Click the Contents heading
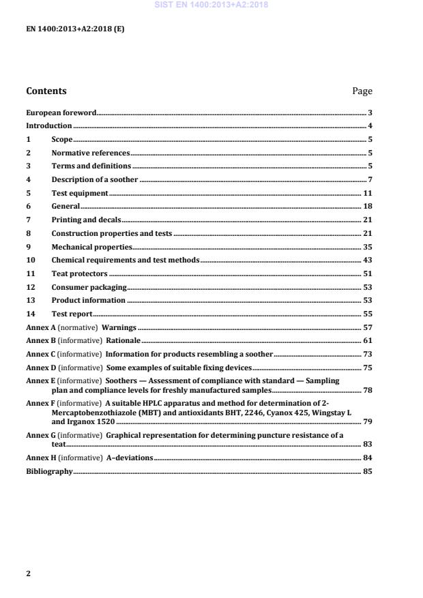[46, 91]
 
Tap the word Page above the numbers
[362, 91]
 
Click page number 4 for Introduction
[370, 126]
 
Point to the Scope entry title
[62, 139]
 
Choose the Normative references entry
[90, 153]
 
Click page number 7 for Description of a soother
[370, 179]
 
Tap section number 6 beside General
[29, 206]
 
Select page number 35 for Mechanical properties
[367, 246]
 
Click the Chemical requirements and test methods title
[126, 260]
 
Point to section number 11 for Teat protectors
[30, 273]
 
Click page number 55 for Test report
[367, 313]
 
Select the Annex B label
[40, 340]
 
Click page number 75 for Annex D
[367, 367]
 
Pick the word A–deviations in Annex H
[130, 457]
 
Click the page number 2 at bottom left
[29, 573]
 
